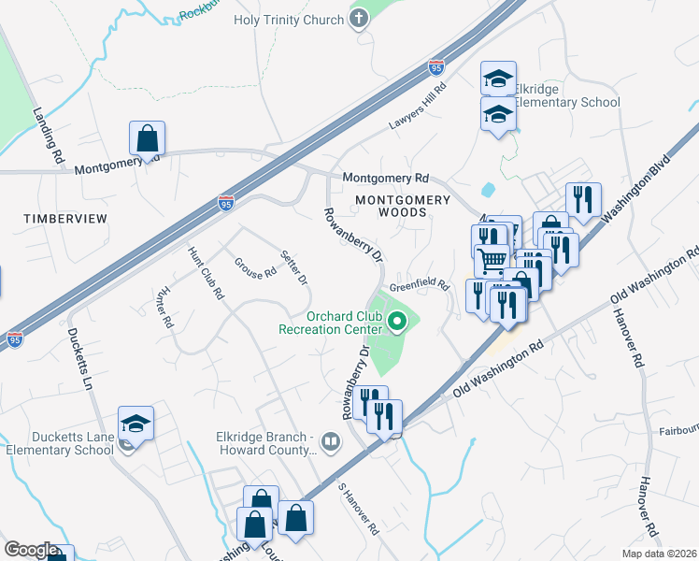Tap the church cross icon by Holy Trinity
point(359,19)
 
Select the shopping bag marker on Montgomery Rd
point(148,139)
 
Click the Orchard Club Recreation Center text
point(330,322)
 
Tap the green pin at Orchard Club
point(397,324)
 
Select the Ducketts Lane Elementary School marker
point(136,424)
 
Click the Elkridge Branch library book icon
point(330,440)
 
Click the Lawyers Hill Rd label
point(416,105)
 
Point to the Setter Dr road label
point(294,266)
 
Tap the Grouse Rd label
point(256,268)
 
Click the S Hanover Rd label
point(359,509)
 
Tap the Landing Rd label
point(47,131)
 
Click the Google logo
point(30,550)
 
